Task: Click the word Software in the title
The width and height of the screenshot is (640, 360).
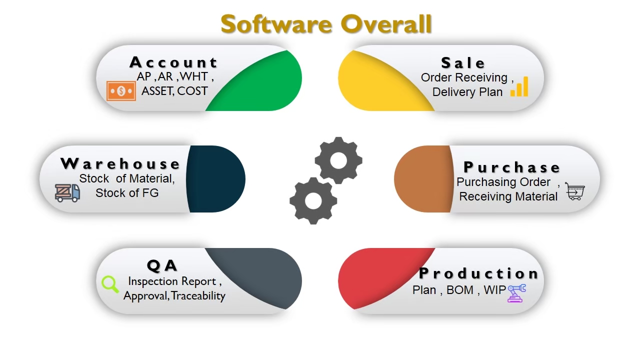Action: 276,24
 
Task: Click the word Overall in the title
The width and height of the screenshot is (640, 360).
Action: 386,24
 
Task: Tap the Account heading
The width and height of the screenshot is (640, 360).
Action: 173,62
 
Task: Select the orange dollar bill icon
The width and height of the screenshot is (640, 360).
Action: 121,91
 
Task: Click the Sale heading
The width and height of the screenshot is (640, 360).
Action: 463,63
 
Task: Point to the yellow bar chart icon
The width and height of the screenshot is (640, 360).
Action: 519,86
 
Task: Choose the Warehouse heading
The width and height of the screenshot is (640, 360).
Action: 120,163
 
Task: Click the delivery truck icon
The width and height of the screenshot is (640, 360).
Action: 67,193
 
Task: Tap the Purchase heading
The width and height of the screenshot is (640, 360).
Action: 511,167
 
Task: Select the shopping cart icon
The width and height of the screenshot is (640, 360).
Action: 575,191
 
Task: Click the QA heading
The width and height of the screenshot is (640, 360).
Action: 162,265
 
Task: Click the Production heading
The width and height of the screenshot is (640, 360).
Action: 478,273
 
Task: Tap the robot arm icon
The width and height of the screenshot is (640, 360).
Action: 516,293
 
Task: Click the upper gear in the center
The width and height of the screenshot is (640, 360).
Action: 338,160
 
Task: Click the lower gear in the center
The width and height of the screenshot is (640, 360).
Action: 313,201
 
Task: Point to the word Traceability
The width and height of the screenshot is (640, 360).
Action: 198,295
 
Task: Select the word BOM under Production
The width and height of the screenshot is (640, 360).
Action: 460,290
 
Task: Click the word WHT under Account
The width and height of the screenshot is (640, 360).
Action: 194,76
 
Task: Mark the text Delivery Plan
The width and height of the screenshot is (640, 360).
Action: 467,92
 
